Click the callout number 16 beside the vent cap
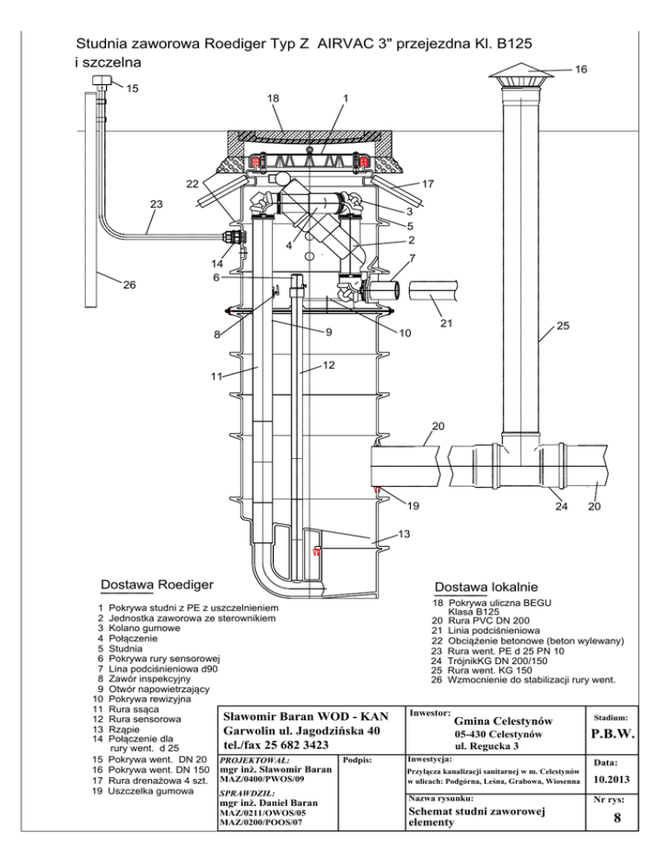point(580,70)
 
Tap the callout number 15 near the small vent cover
point(132,88)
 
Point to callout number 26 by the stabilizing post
point(129,285)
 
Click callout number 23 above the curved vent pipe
point(156,204)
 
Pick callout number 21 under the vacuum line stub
point(446,323)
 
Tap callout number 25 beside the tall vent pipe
point(563,326)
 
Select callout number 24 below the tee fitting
point(561,507)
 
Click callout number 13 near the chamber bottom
point(404,534)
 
